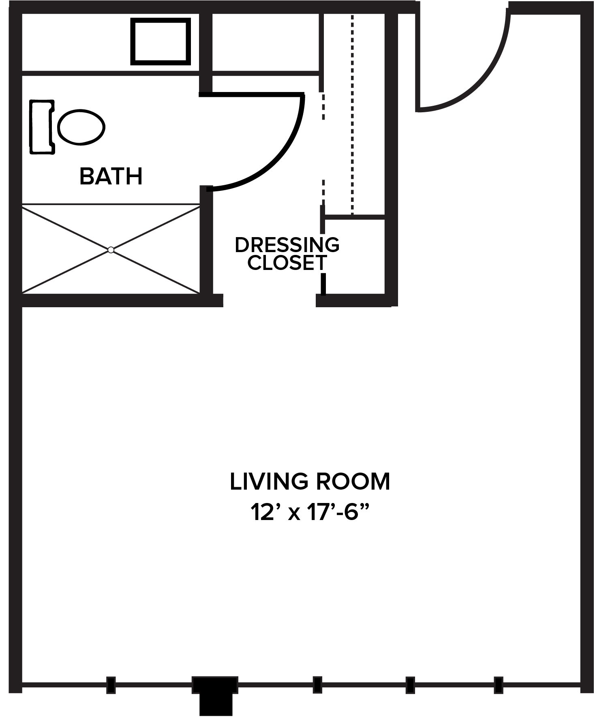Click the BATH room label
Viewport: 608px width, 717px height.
coord(111,176)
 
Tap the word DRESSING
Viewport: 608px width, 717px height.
coord(287,245)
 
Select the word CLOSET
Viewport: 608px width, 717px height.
coord(287,262)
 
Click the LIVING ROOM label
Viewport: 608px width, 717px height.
coord(310,482)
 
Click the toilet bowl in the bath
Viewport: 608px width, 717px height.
coord(81,127)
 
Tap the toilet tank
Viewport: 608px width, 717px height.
coord(42,127)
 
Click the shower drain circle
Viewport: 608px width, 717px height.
coord(111,250)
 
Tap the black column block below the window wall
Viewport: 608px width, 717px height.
coord(215,694)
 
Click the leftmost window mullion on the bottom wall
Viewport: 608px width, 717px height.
coord(111,685)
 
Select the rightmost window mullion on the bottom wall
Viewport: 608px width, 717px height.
coord(499,685)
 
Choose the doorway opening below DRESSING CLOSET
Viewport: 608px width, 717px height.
coord(270,300)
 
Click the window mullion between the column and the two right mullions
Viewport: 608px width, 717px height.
coord(317,685)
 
